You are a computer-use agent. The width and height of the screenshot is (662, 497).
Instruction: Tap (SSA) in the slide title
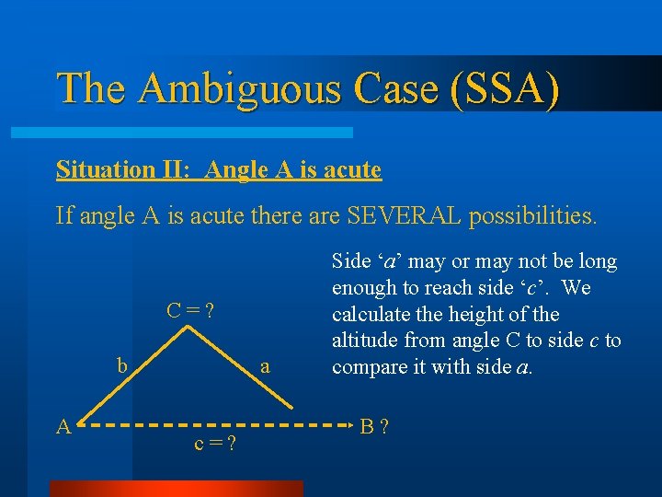point(505,89)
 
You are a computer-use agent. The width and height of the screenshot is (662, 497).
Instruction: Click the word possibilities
point(532,216)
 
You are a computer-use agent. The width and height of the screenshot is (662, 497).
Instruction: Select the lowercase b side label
point(122,364)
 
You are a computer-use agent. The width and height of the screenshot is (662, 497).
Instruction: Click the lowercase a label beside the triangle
point(266,365)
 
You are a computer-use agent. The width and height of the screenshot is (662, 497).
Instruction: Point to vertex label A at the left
point(63,425)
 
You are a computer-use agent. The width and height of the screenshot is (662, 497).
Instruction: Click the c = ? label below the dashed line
point(215,444)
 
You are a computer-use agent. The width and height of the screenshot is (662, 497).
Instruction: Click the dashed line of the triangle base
point(221,426)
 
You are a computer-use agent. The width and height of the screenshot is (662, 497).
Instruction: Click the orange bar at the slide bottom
point(175,488)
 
